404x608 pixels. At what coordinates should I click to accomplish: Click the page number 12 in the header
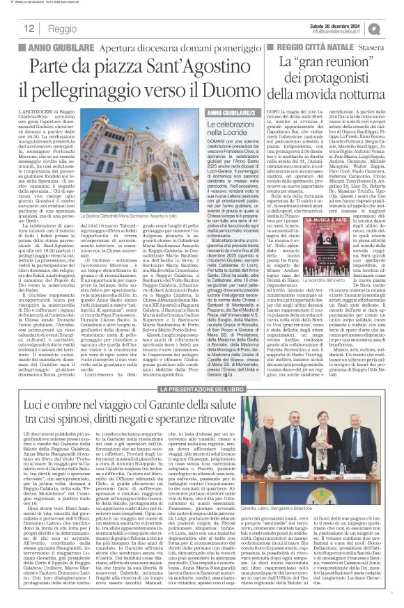(29, 29)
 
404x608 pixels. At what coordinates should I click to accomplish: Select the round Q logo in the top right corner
(394, 28)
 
